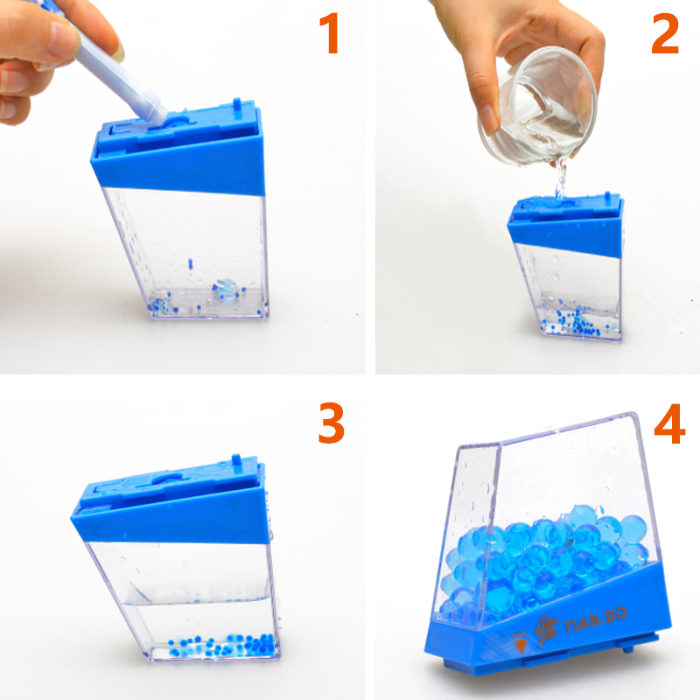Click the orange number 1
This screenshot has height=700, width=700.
tap(330, 33)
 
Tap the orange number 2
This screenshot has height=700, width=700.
tap(665, 33)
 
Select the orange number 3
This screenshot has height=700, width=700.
tap(332, 423)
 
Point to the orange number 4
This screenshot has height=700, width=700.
tap(669, 423)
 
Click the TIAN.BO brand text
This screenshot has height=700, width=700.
tap(595, 620)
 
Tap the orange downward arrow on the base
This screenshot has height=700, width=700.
tap(520, 643)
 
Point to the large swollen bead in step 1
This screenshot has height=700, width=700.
tap(225, 290)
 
